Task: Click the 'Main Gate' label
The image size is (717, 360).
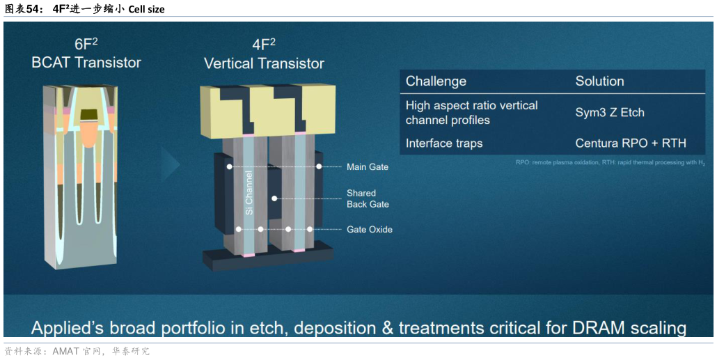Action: click(368, 167)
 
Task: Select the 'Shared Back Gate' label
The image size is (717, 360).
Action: click(368, 198)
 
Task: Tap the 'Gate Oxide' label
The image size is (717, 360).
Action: click(370, 230)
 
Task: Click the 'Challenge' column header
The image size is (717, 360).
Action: click(436, 81)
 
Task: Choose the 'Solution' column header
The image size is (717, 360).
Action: click(599, 81)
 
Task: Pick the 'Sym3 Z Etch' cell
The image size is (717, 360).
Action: click(610, 112)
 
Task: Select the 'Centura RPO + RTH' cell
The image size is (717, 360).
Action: click(631, 143)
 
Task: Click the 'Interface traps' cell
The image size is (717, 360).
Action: click(444, 143)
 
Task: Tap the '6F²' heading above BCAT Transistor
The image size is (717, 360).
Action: click(86, 45)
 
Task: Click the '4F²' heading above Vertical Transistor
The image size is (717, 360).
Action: click(264, 45)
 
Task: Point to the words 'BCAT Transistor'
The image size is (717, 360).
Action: click(86, 62)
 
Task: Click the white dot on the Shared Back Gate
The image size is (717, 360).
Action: click(274, 198)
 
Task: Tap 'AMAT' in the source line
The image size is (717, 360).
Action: click(65, 352)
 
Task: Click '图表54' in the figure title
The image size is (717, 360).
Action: click(21, 8)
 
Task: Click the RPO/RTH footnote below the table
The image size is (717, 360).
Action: click(610, 164)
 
